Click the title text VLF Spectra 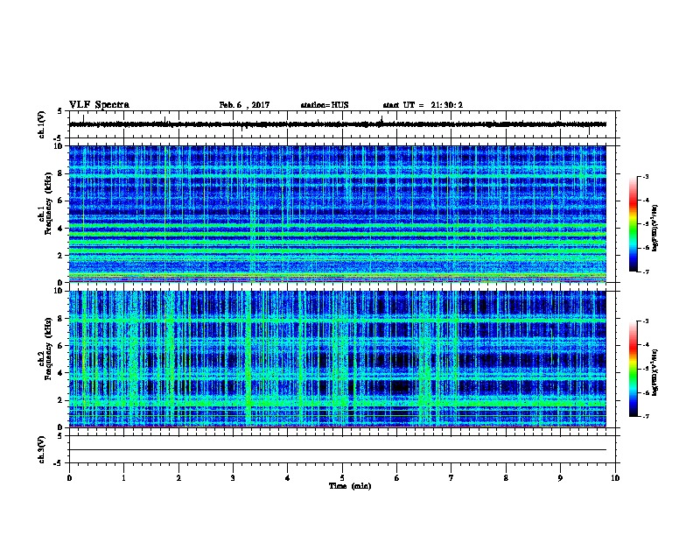99,105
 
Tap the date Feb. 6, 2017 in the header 244,105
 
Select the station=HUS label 324,105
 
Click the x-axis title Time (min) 343,485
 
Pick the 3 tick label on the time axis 233,477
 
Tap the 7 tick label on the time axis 451,477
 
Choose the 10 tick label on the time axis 615,477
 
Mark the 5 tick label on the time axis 342,477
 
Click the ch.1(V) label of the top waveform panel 42,124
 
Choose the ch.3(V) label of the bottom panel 42,448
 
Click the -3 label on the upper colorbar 645,177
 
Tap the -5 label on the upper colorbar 645,224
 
